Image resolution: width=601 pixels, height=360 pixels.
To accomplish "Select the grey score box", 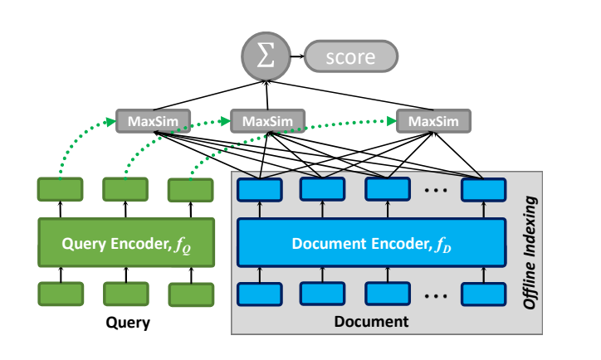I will coord(351,58).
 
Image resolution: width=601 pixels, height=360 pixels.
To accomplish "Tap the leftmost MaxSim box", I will coord(154,121).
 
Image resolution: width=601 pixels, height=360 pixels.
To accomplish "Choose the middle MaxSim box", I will coord(267,121).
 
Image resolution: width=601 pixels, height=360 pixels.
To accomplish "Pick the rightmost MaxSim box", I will coord(432,121).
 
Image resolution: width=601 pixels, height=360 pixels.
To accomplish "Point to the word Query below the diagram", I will coord(128,324).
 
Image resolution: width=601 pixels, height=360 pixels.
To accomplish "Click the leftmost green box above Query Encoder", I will coord(61,189).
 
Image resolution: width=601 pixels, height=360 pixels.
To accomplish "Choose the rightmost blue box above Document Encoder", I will coord(484,190).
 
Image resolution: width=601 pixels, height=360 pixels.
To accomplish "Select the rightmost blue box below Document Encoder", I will coord(484,294).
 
